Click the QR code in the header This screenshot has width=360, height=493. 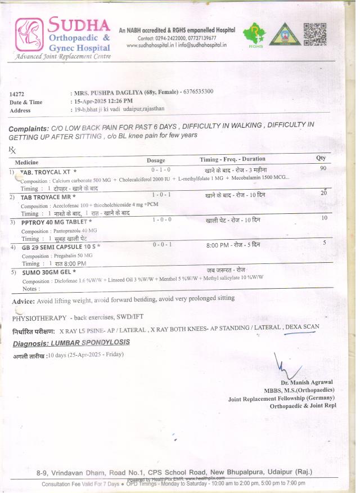coord(314,34)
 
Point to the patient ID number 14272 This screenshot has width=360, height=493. coord(17,93)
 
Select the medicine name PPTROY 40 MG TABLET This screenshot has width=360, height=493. coord(56,222)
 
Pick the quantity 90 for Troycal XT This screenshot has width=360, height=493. coord(322,169)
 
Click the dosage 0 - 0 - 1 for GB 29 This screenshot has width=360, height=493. coord(162,244)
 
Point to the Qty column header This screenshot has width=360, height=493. coord(321,158)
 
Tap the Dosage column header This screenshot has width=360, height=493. coord(156,160)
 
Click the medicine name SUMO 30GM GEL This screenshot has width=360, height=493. coord(48,272)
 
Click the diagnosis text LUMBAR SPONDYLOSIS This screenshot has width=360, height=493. coord(89,342)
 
